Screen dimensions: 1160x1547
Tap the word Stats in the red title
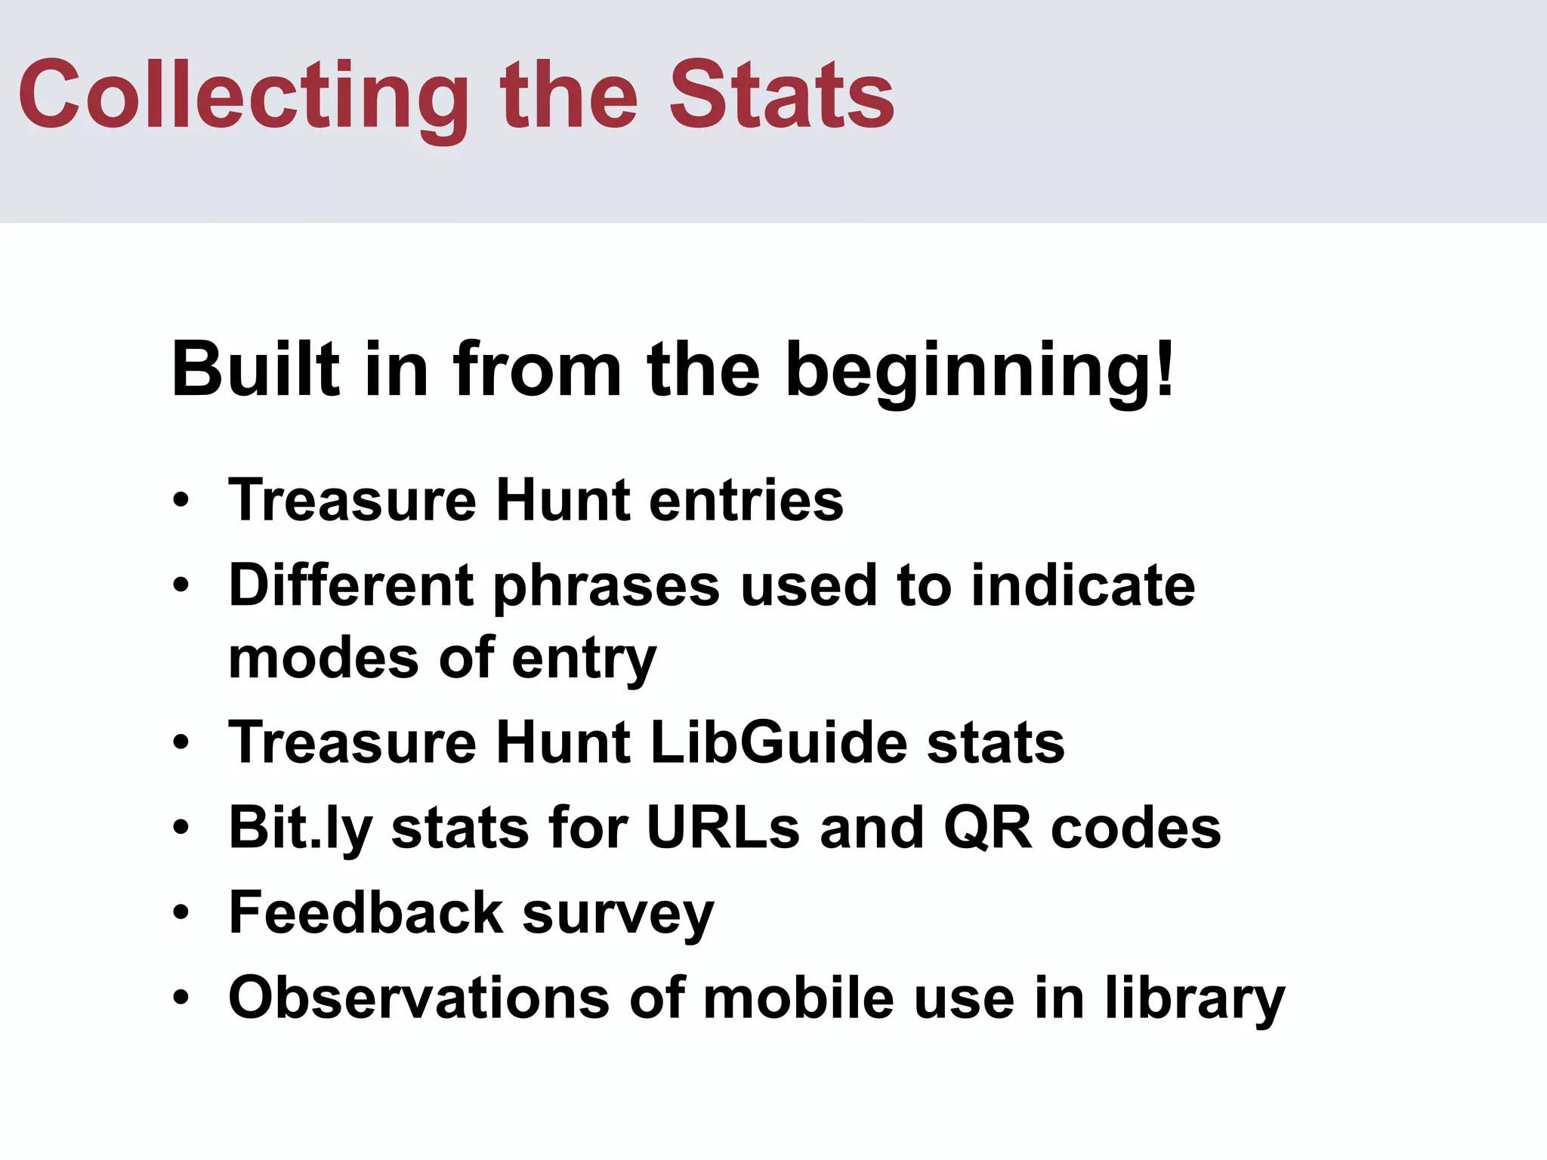click(782, 96)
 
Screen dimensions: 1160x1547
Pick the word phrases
click(607, 587)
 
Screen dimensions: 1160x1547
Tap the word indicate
click(1083, 585)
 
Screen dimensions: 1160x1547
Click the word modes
click(323, 657)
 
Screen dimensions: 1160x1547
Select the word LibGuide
click(778, 742)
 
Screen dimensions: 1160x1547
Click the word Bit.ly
click(300, 828)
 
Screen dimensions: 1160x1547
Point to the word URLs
click(723, 828)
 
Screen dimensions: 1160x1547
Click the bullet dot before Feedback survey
click(181, 913)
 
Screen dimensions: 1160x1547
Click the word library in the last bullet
click(1194, 998)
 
